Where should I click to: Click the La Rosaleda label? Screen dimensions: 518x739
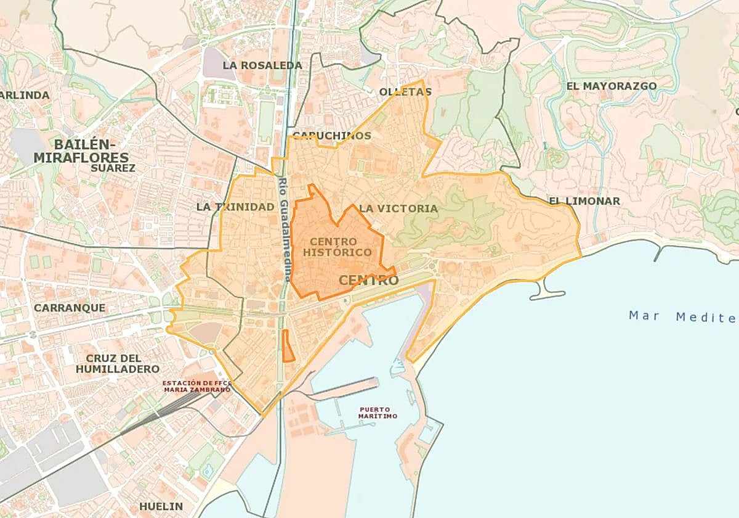(x=262, y=65)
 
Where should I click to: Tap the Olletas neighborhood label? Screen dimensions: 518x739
(x=405, y=92)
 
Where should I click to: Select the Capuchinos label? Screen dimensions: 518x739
(x=332, y=136)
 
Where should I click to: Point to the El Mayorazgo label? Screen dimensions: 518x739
(x=612, y=86)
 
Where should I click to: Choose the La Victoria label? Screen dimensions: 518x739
(x=398, y=208)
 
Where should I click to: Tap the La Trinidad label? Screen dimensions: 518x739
(x=235, y=207)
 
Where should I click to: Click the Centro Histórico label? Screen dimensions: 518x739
(x=337, y=247)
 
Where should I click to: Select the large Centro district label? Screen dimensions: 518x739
(x=369, y=281)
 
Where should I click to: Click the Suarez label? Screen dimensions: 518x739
(x=113, y=168)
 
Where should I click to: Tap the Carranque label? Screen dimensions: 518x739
(x=70, y=307)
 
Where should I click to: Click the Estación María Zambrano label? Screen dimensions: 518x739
(x=196, y=386)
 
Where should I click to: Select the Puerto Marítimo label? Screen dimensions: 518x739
(x=378, y=413)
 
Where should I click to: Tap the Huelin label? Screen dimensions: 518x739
(x=161, y=506)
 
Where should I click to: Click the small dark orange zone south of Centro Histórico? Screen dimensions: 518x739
(x=287, y=346)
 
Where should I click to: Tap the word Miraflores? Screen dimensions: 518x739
(x=81, y=158)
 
